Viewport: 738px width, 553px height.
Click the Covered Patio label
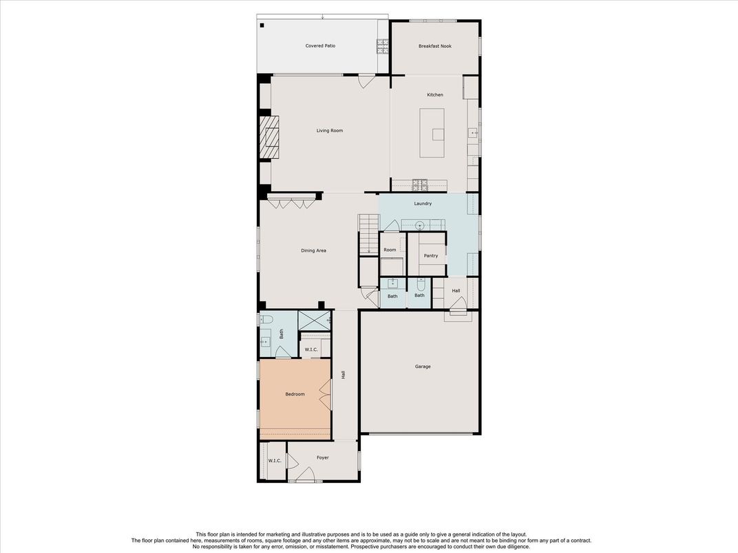pyautogui.click(x=320, y=45)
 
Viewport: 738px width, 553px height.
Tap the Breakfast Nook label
pyautogui.click(x=435, y=46)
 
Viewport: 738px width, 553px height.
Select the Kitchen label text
pyautogui.click(x=435, y=94)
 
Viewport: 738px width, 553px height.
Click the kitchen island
pyautogui.click(x=432, y=133)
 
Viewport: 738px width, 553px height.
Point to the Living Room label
pyautogui.click(x=330, y=130)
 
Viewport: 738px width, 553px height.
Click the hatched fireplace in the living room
pyautogui.click(x=270, y=138)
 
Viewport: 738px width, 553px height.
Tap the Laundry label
pyautogui.click(x=423, y=203)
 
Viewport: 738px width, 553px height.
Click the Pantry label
pyautogui.click(x=431, y=255)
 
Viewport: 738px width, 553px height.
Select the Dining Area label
pyautogui.click(x=313, y=250)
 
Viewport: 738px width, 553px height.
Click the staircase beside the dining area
pyautogui.click(x=368, y=235)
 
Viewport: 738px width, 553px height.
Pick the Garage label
pyautogui.click(x=423, y=367)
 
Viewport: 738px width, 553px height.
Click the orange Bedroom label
pyautogui.click(x=295, y=394)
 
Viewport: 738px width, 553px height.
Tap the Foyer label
pyautogui.click(x=322, y=457)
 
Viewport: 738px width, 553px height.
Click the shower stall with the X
pyautogui.click(x=315, y=321)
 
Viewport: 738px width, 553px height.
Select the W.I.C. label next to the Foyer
pyautogui.click(x=275, y=460)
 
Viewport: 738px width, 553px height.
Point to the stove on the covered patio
pyautogui.click(x=382, y=46)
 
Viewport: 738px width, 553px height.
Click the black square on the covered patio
pyautogui.click(x=262, y=25)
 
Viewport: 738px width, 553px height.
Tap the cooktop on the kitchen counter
pyautogui.click(x=420, y=185)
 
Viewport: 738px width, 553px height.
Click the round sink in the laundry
pyautogui.click(x=421, y=226)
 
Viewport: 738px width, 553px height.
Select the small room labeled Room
pyautogui.click(x=390, y=250)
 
